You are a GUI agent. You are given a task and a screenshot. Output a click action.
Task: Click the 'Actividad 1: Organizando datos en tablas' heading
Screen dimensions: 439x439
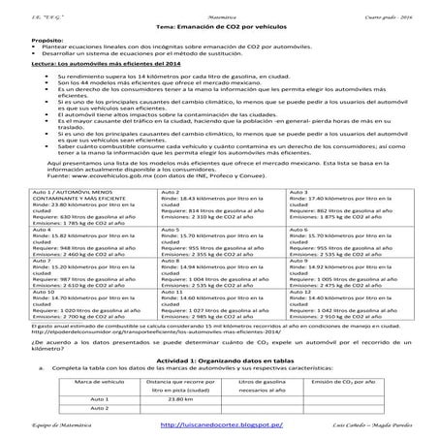pyautogui.click(x=219, y=359)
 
